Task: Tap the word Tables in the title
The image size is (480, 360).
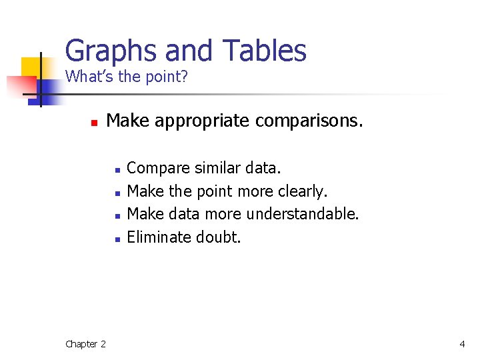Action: pos(264,51)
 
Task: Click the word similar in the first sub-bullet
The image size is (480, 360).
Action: pos(221,169)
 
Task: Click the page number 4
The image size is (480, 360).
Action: pos(462,344)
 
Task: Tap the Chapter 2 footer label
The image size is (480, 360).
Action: pos(85,344)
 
